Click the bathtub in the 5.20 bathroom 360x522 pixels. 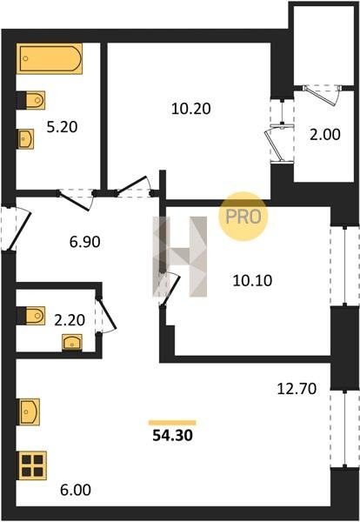(x=50, y=58)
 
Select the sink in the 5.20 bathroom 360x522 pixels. (x=25, y=139)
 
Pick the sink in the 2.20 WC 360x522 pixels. (x=72, y=343)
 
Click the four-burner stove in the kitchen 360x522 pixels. (x=32, y=465)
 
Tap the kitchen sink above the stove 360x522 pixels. (x=29, y=412)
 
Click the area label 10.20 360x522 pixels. (x=191, y=109)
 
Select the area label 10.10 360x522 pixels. (x=252, y=281)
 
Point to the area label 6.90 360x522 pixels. (x=85, y=242)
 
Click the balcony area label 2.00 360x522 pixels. (x=325, y=135)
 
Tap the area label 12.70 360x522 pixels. (x=297, y=389)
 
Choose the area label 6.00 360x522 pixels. (x=76, y=490)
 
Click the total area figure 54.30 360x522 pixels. (x=173, y=436)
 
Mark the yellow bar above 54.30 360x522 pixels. (x=172, y=423)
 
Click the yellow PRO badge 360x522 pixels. (x=243, y=217)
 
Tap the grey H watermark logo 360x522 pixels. (x=180, y=257)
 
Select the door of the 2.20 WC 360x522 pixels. (x=107, y=314)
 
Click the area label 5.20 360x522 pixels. (x=63, y=127)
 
